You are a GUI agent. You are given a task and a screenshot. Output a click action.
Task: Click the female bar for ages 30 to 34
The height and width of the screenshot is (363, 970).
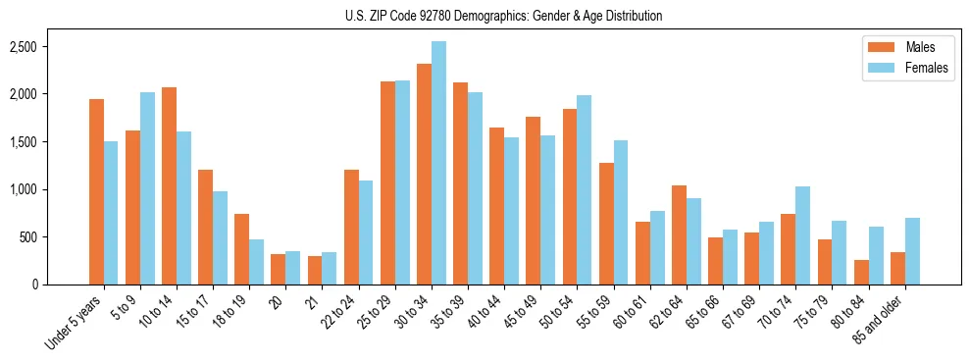point(438,163)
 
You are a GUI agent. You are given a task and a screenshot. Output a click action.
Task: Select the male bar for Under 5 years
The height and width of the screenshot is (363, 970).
point(96,191)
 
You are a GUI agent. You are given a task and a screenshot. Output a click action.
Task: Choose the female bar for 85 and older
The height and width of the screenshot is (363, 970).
point(912,251)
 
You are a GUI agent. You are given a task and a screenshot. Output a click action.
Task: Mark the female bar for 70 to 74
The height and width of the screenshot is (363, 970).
point(802,235)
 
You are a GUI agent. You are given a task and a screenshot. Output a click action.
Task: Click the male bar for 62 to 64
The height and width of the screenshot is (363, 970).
point(679,234)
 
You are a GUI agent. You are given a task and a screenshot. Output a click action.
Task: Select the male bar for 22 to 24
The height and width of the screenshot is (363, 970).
point(351,227)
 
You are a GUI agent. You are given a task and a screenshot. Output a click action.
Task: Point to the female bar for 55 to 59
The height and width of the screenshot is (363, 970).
point(621,212)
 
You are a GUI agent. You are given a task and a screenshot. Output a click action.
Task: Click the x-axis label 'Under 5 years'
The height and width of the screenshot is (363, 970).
point(75,323)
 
